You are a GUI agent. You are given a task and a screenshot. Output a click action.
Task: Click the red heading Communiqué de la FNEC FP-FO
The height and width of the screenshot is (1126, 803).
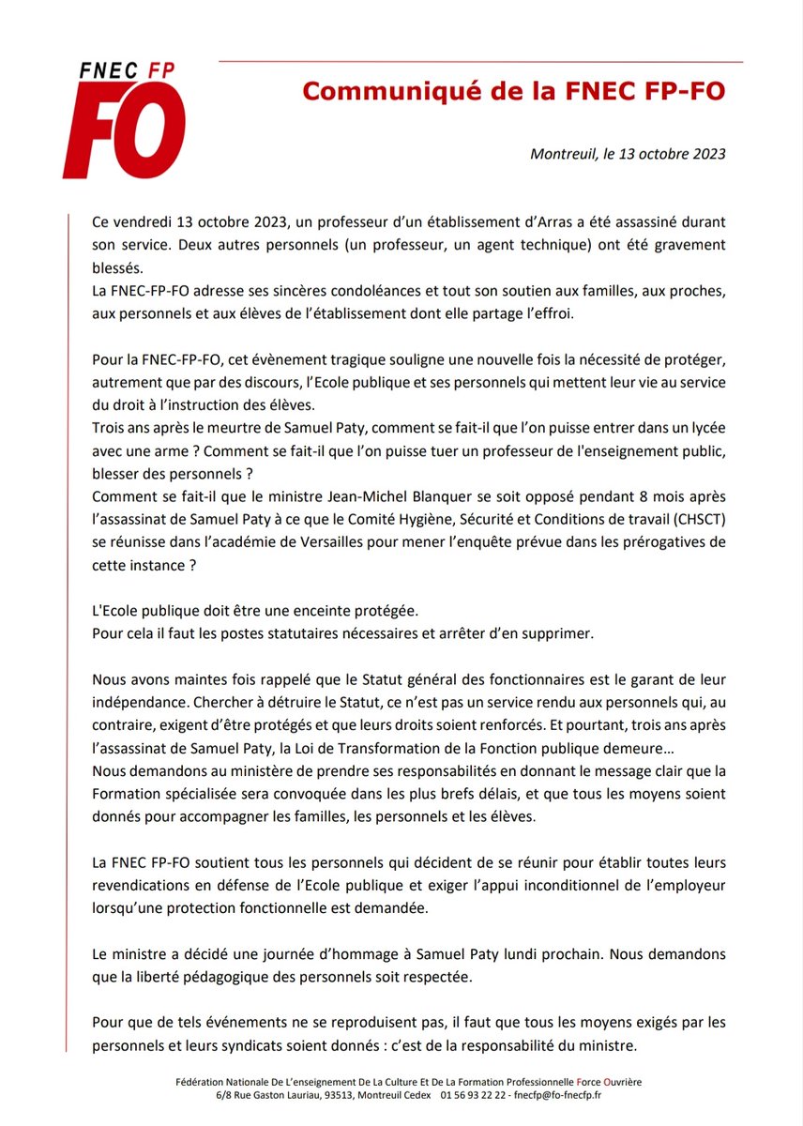point(513,92)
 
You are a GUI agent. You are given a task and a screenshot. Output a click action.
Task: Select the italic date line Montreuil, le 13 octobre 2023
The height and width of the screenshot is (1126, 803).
point(628,154)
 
